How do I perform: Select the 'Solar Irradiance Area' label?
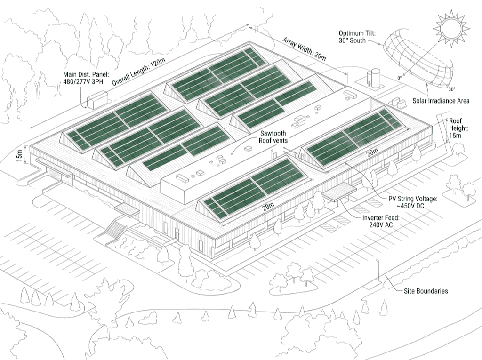[441, 101]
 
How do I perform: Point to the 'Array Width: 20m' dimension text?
[305, 49]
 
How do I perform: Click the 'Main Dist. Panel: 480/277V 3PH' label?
[86, 78]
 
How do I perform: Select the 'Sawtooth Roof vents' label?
[273, 137]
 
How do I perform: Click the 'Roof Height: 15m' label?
[455, 128]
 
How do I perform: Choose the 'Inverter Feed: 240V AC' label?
[381, 221]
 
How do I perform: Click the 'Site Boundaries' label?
[426, 291]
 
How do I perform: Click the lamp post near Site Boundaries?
[378, 270]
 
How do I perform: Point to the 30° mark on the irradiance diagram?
[451, 89]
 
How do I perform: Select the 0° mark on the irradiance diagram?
[400, 79]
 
